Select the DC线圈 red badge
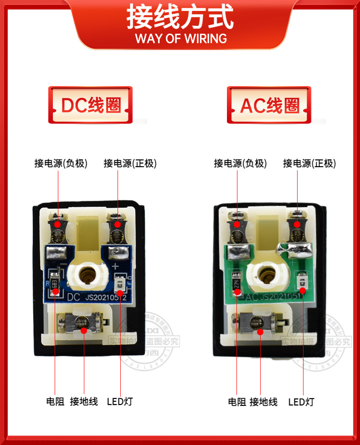pyautogui.click(x=91, y=105)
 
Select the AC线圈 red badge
pyautogui.click(x=270, y=105)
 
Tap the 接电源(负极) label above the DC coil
pyautogui.click(x=61, y=163)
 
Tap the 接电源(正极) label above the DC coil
pyautogui.click(x=130, y=163)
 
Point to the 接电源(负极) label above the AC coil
pyautogui.click(x=240, y=163)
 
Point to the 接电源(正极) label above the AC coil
pyautogui.click(x=309, y=163)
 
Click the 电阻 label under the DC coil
pyautogui.click(x=55, y=401)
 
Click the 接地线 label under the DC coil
pyautogui.click(x=84, y=401)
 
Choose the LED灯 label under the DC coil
pyautogui.click(x=120, y=401)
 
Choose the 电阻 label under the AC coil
pyautogui.click(x=237, y=401)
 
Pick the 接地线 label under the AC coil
pyautogui.click(x=263, y=401)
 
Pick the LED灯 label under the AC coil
pyautogui.click(x=301, y=401)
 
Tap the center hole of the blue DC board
pyautogui.click(x=87, y=275)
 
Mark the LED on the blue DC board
pyautogui.click(x=120, y=283)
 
